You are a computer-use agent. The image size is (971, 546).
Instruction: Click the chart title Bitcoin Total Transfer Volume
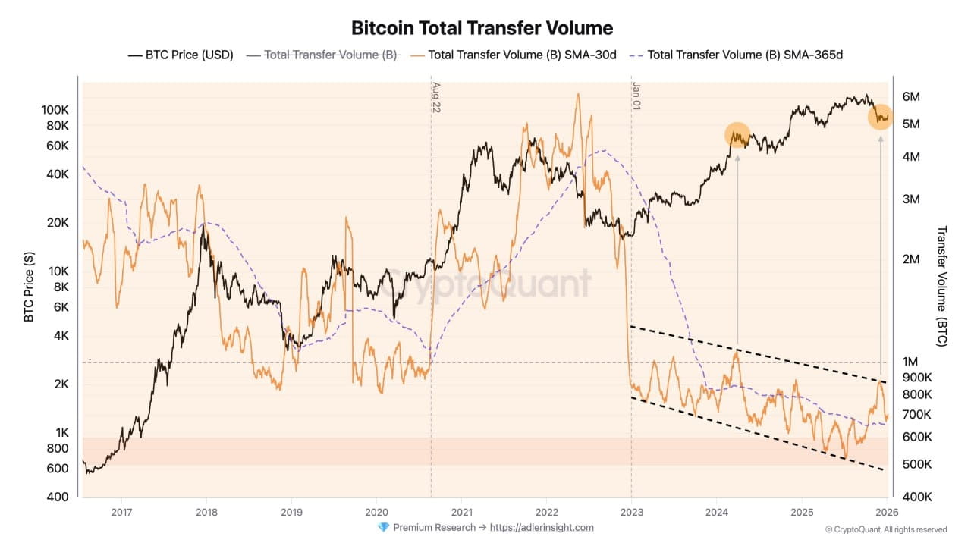coord(482,28)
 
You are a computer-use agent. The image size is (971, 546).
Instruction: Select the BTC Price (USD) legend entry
coord(181,55)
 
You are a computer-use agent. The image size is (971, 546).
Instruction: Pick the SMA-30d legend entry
coord(514,55)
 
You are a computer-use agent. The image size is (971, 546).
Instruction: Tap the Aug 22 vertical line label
coord(436,97)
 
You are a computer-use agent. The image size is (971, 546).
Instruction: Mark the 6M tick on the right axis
coord(911,97)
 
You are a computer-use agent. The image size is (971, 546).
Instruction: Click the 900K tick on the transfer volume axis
coord(916,378)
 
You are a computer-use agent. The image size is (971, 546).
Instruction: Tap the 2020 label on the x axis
coord(376,511)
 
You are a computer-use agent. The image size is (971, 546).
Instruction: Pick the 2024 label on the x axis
coord(717,511)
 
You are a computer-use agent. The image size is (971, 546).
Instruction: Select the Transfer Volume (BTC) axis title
coord(942,287)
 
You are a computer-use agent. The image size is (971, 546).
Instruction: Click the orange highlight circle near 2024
coord(737,134)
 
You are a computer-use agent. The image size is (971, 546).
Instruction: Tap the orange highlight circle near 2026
coord(880,117)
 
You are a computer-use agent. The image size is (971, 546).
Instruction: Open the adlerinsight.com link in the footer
coord(542,527)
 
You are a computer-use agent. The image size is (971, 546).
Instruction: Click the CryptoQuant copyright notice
coord(886,529)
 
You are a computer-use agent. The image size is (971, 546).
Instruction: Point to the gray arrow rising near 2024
coord(737,250)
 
